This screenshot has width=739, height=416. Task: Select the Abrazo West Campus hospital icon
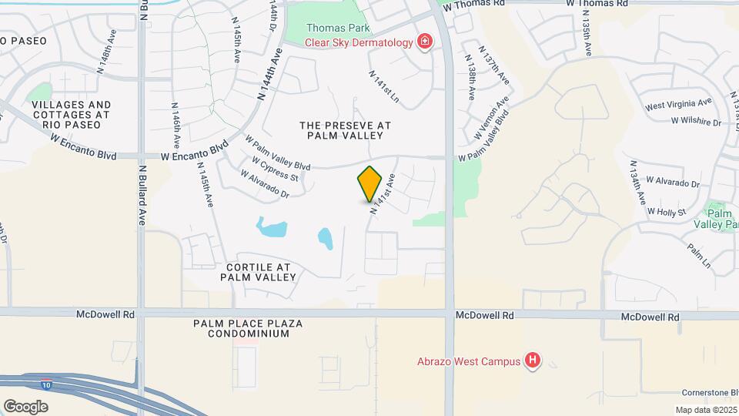532,360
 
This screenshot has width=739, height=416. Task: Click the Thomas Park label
338,29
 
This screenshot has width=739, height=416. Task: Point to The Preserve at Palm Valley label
345,130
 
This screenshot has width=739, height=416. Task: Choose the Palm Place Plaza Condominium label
242,328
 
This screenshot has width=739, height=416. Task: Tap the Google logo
25,406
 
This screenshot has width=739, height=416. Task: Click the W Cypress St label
275,169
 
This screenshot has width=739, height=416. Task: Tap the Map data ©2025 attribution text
705,410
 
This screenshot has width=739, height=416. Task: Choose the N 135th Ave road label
587,38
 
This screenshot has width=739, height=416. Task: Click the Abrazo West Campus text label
468,361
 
